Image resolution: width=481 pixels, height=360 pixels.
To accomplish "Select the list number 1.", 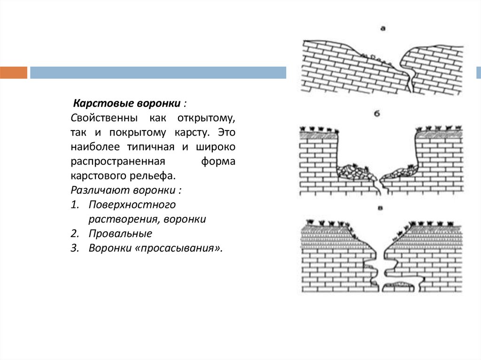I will pyautogui.click(x=74, y=205).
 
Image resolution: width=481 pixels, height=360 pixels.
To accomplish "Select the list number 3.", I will pyautogui.click(x=74, y=248).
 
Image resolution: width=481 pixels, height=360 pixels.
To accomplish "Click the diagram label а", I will pyautogui.click(x=383, y=29).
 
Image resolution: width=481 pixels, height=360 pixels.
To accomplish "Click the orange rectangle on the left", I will pyautogui.click(x=14, y=73).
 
